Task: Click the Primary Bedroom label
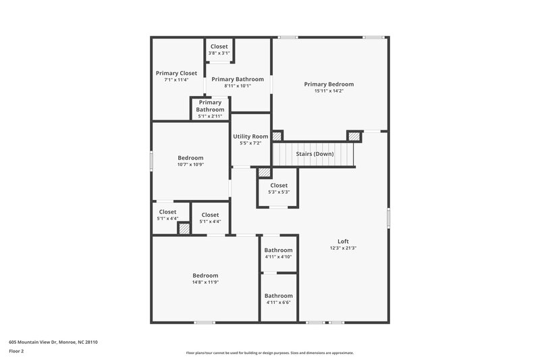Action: click(x=329, y=84)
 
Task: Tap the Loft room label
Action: click(x=343, y=241)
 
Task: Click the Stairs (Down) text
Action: click(x=315, y=154)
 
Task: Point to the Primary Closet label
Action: click(x=176, y=73)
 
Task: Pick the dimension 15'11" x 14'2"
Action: click(x=329, y=91)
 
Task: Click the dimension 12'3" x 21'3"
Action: click(x=343, y=248)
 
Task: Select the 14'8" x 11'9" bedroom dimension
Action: click(x=205, y=282)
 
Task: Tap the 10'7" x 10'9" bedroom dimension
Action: click(x=190, y=164)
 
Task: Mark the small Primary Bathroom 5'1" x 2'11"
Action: click(x=210, y=109)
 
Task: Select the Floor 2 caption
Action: click(x=17, y=351)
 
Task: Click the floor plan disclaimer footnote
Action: click(x=270, y=353)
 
